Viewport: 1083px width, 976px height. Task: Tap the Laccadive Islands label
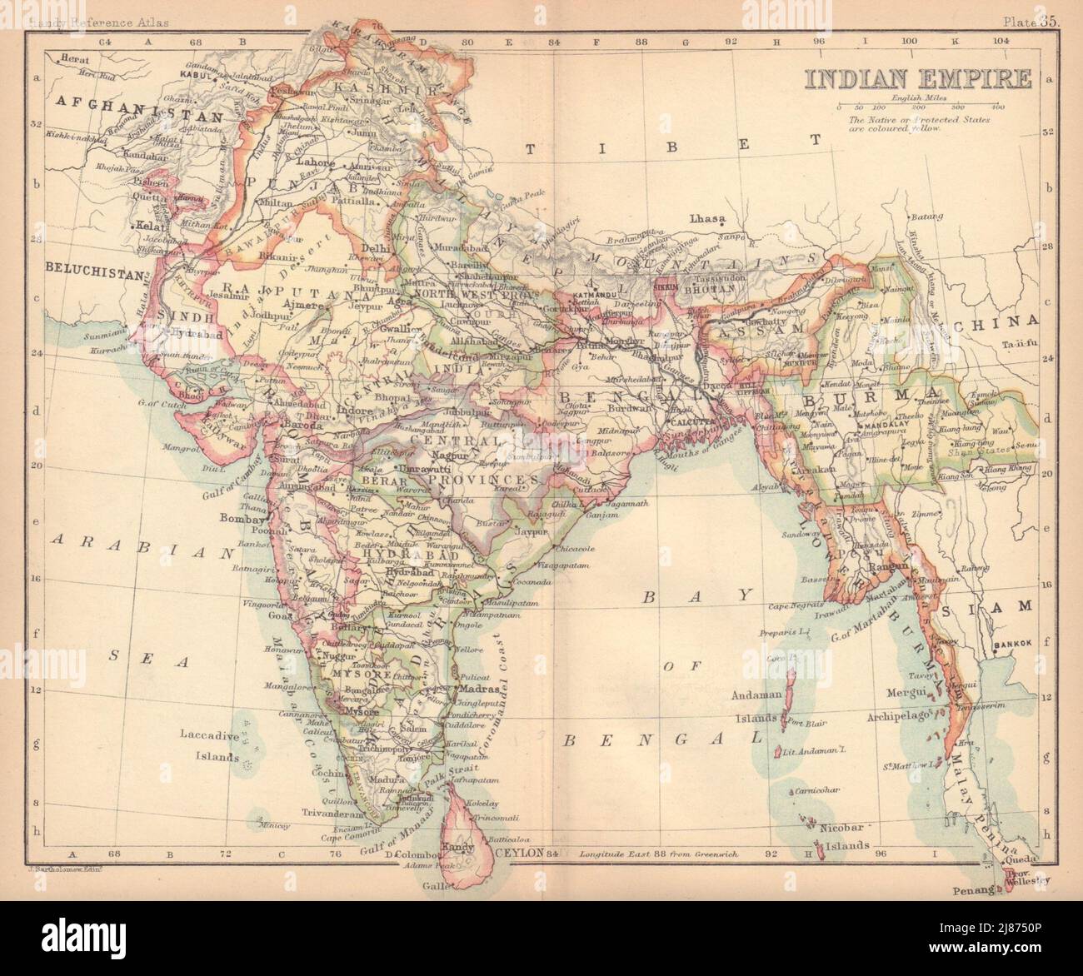(208, 746)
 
